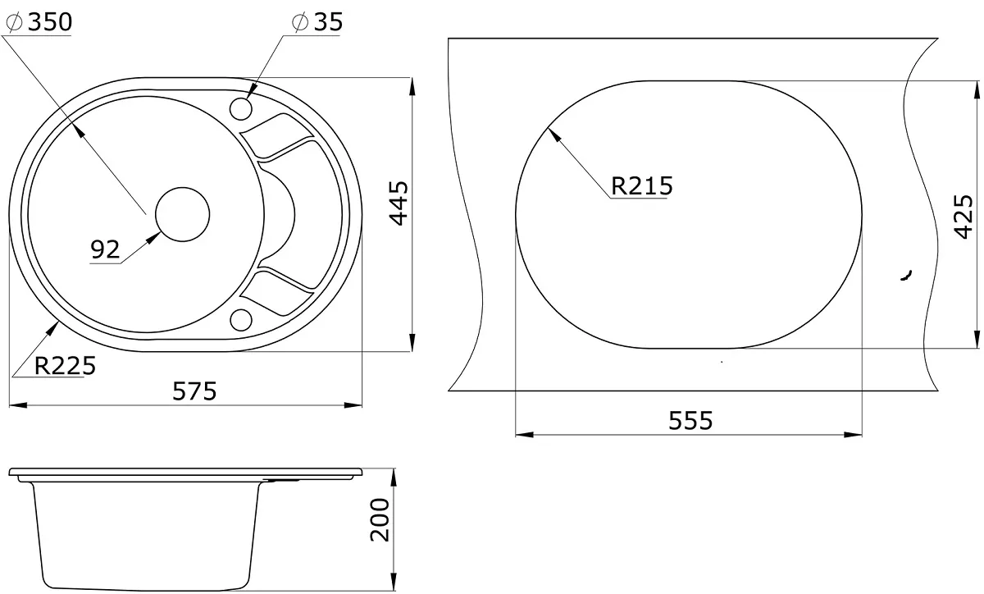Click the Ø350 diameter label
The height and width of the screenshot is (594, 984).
click(x=39, y=22)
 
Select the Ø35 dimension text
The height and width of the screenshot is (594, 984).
click(x=317, y=22)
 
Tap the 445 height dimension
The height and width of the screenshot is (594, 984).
click(x=399, y=203)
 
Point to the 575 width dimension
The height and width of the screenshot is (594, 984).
click(x=194, y=391)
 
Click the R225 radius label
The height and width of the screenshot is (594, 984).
click(x=65, y=365)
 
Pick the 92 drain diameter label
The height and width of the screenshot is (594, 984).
click(x=105, y=249)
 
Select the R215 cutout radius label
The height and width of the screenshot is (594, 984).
click(x=642, y=185)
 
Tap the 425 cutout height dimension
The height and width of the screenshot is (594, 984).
click(x=964, y=217)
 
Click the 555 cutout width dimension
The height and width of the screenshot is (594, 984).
click(x=690, y=420)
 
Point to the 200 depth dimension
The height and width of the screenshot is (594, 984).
click(x=380, y=519)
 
